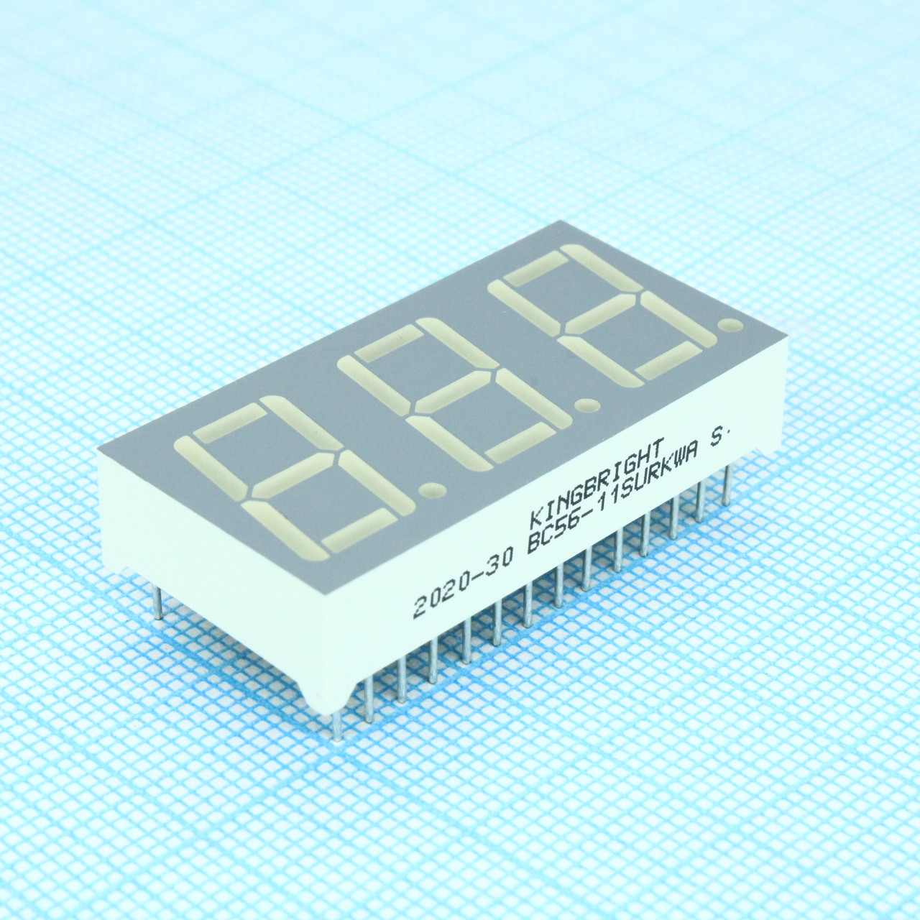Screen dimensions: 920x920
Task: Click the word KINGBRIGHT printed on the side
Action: coord(597,481)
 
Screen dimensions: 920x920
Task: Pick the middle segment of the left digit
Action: coord(295,474)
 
